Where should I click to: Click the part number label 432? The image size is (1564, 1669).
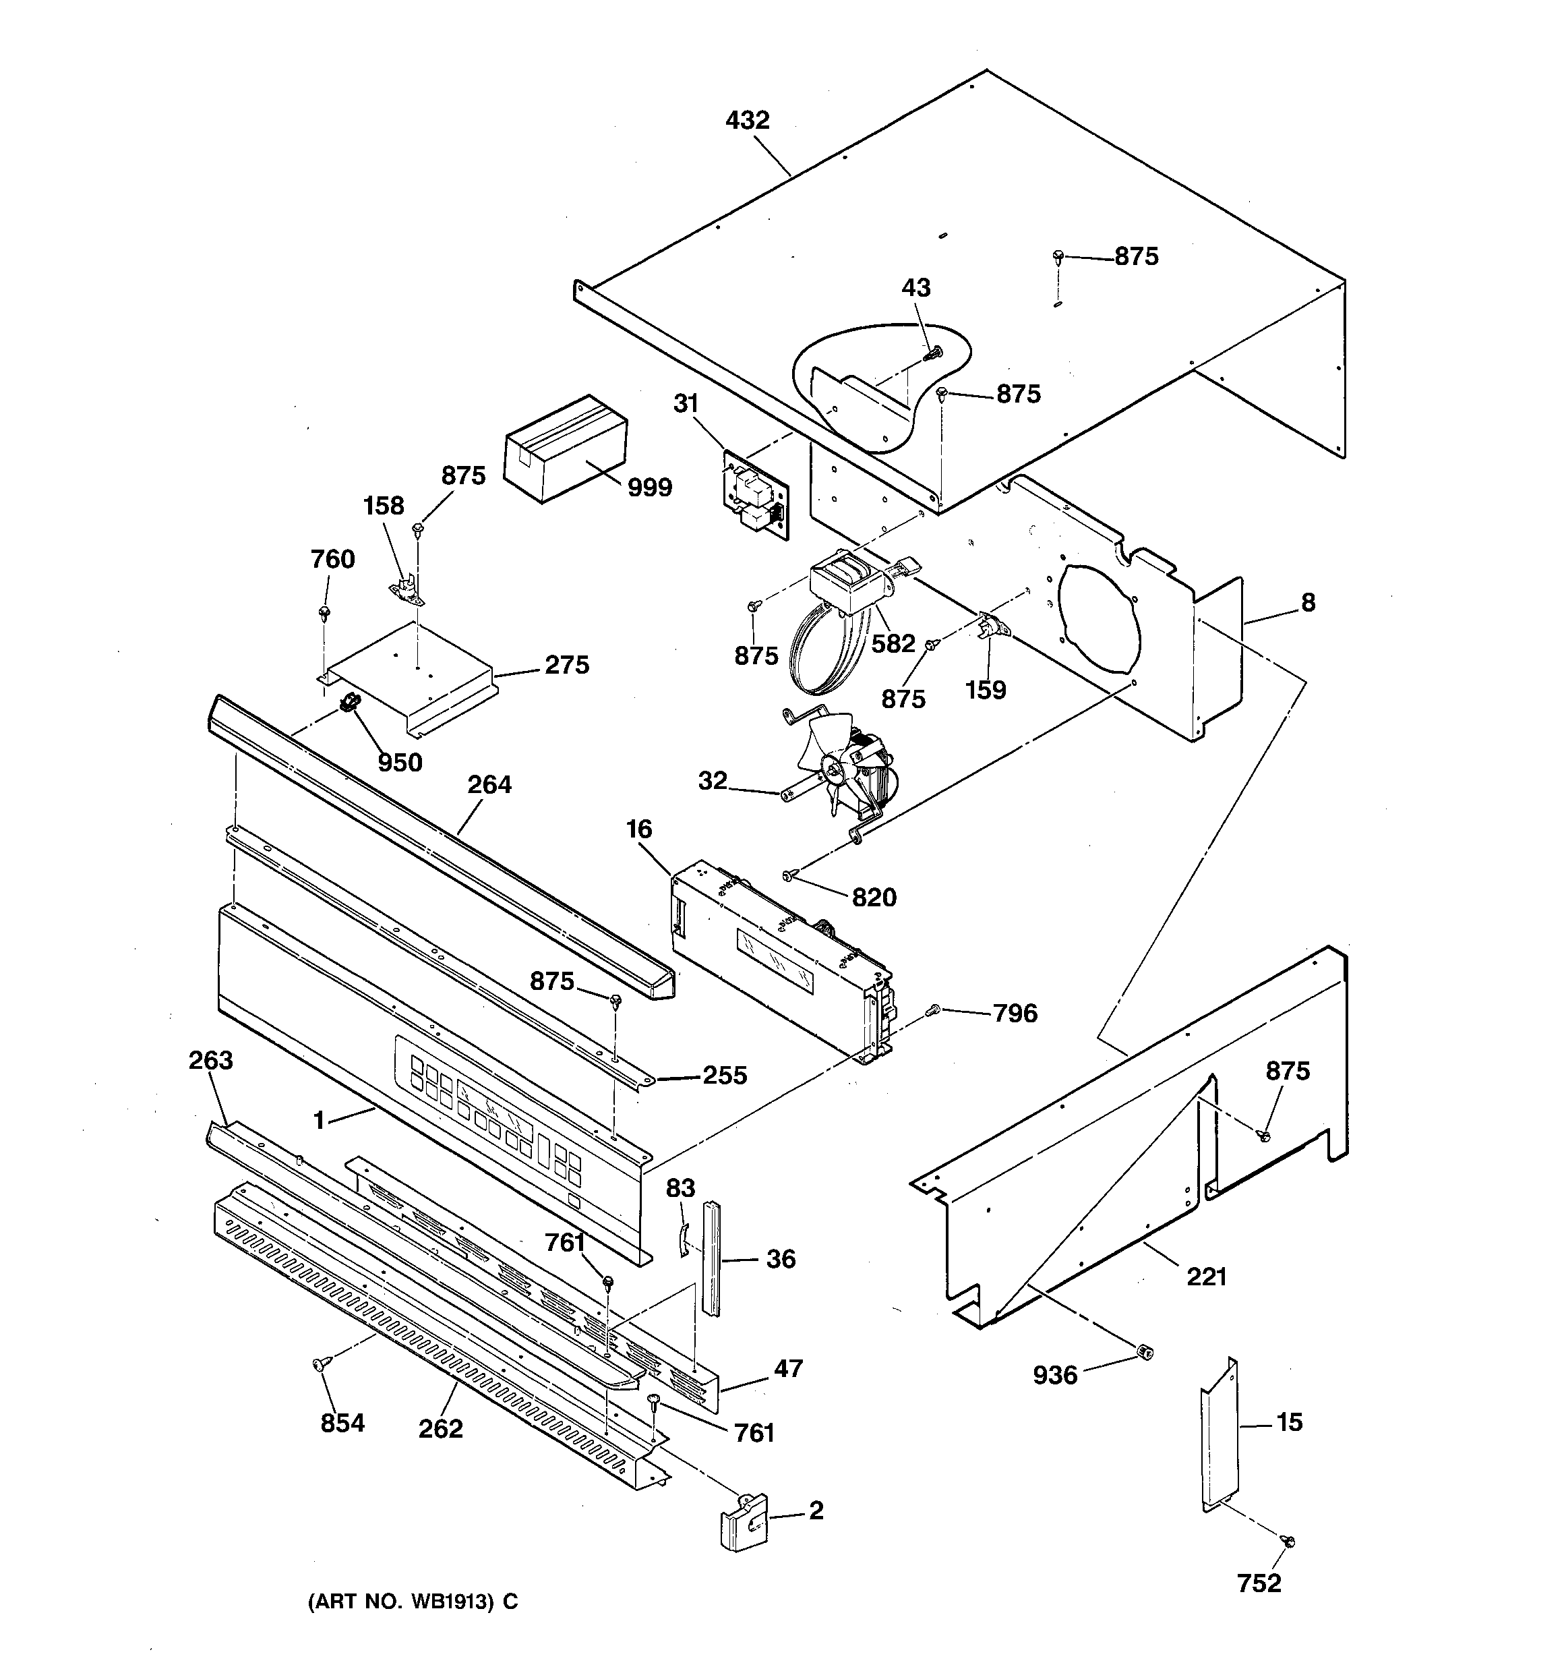coord(746,121)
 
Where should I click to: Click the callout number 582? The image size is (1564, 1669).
coord(893,644)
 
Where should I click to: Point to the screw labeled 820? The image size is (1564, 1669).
coord(788,876)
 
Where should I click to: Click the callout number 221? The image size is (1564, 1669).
coord(1207,1277)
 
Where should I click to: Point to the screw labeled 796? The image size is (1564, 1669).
coord(932,1012)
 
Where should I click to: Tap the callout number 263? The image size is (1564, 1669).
coord(211,1060)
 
